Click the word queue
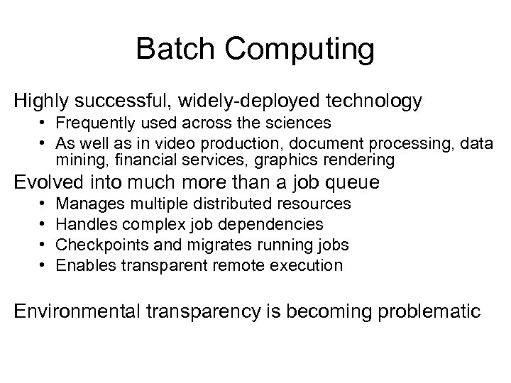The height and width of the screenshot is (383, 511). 356,184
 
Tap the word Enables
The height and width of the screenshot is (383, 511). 82,266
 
